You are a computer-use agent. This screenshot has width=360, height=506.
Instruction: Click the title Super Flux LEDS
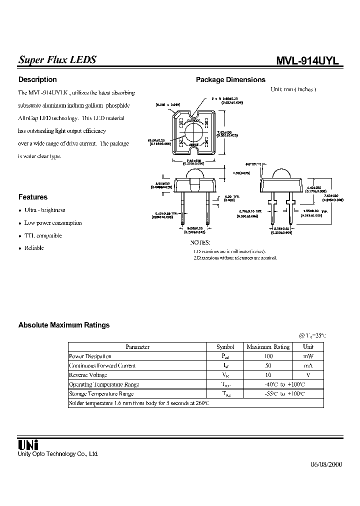tap(57, 59)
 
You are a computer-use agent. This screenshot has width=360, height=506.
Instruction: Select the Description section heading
tap(37, 79)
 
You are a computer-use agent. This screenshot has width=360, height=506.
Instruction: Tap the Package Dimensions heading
tap(230, 79)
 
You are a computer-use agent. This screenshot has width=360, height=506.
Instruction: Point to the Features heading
tap(33, 197)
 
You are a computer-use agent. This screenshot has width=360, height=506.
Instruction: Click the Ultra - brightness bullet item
tap(45, 210)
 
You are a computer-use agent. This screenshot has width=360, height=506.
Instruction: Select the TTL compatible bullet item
tap(43, 235)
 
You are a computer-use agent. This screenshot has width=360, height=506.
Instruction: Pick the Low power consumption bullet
tap(53, 223)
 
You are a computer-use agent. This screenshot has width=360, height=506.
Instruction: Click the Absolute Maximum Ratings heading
tap(64, 325)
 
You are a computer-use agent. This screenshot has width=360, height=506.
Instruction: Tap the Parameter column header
tap(137, 346)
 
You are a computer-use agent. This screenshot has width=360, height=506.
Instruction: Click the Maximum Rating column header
tap(268, 346)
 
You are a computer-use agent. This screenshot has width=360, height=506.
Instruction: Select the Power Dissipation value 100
tap(268, 356)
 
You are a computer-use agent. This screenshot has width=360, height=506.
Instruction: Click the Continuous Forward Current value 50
tap(268, 365)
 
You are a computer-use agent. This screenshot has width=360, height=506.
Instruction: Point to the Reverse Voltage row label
tap(88, 375)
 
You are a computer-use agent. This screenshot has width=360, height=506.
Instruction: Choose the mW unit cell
tap(308, 356)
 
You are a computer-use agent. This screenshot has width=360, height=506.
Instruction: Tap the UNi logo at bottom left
tap(28, 444)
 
